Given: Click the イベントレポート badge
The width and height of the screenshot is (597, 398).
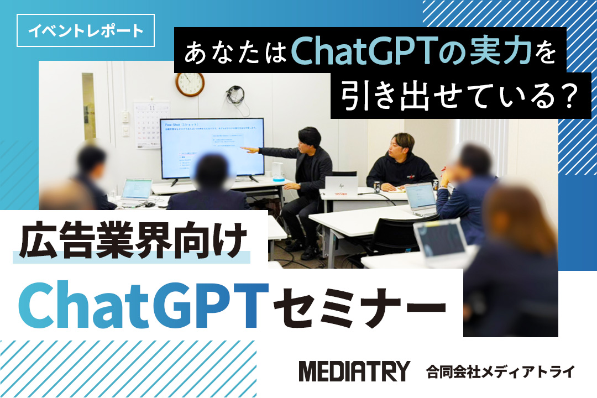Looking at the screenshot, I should click(x=86, y=30).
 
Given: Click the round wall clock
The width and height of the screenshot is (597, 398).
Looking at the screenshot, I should click(x=190, y=84).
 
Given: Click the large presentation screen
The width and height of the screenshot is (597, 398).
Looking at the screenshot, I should click(x=211, y=148).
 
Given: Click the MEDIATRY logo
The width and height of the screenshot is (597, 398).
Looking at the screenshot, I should click(x=354, y=371).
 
